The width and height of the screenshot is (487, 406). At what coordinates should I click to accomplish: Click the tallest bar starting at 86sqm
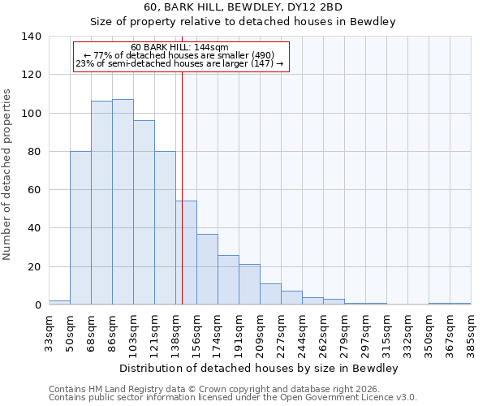pyautogui.click(x=123, y=202)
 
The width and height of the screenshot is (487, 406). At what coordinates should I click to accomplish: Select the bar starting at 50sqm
pyautogui.click(x=80, y=228)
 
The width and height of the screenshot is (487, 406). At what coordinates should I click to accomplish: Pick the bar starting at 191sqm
pyautogui.click(x=249, y=284)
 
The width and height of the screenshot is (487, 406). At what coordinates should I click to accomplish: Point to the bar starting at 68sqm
pyautogui.click(x=101, y=203)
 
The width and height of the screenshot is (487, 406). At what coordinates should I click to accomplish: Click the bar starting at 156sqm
pyautogui.click(x=207, y=270)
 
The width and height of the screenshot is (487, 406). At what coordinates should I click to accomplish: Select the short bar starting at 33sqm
pyautogui.click(x=59, y=302)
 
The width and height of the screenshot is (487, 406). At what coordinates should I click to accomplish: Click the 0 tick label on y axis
pyautogui.click(x=37, y=305)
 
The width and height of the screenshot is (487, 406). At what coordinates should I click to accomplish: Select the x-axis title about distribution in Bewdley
pyautogui.click(x=258, y=368)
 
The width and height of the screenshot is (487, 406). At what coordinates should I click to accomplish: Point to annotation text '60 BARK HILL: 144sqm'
pyautogui.click(x=179, y=47)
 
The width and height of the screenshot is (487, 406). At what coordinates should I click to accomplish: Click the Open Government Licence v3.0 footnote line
pyautogui.click(x=232, y=398)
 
